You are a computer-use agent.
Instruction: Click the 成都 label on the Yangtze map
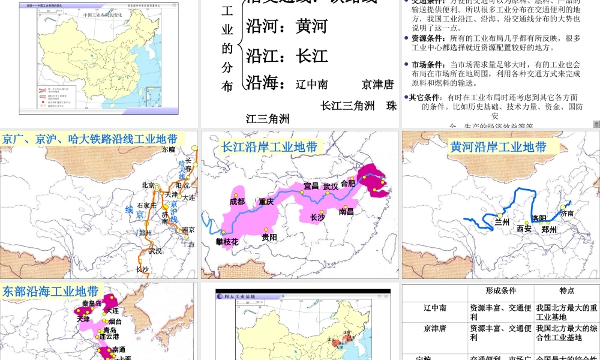[237, 202]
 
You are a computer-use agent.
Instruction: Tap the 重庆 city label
[266, 202]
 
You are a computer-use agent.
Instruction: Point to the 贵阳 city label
[269, 238]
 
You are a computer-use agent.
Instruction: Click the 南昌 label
[346, 211]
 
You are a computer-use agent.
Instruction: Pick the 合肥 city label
[348, 183]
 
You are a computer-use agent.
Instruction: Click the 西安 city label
[524, 229]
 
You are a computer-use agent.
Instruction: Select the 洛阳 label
[539, 218]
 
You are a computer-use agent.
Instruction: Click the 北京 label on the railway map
[149, 185]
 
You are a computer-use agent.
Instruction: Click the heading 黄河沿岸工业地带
[498, 147]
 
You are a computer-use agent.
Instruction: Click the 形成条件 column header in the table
[501, 291]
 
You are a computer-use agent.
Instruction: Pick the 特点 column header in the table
[567, 291]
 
